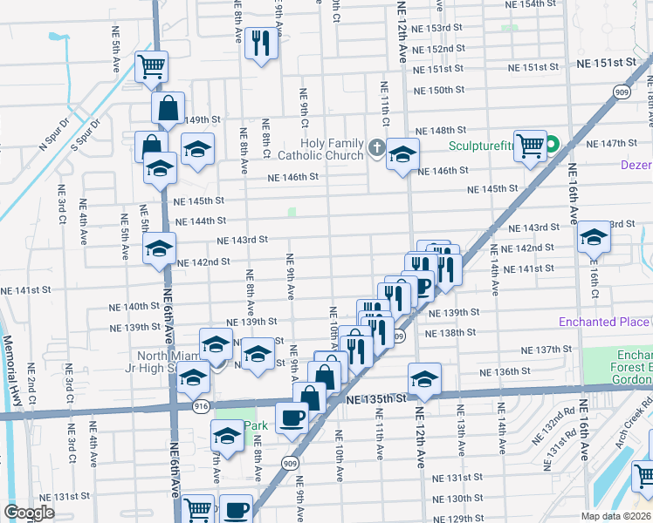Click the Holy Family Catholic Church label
coord(332,149)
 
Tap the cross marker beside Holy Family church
coord(376,146)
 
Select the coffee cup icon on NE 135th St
coord(292,418)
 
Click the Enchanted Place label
coord(603,323)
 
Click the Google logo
coord(29,513)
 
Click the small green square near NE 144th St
coord(292,212)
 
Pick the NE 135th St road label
coord(377,398)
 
